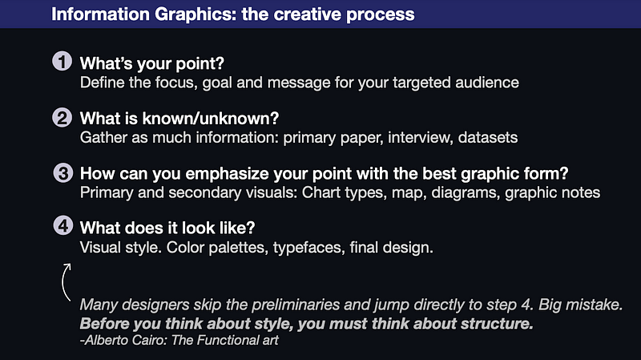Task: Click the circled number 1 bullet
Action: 62,62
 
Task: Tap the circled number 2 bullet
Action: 62,117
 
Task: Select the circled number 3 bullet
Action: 63,172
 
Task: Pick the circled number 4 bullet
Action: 63,225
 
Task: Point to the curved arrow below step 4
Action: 62,282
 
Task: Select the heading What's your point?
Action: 152,63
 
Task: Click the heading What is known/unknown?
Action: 179,119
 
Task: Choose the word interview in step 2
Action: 420,137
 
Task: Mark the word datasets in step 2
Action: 488,137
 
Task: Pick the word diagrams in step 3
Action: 466,192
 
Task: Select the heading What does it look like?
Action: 167,228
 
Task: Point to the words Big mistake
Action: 580,305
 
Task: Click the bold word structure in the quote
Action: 497,324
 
